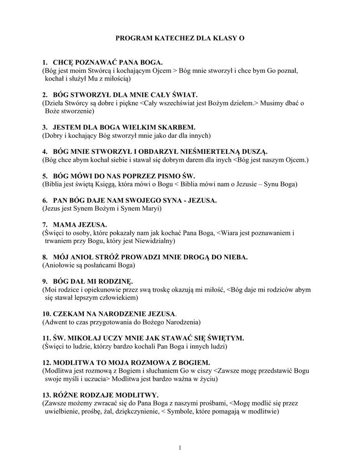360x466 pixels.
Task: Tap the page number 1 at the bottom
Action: [x=180, y=448]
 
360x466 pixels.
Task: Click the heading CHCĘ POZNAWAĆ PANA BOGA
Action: [x=107, y=62]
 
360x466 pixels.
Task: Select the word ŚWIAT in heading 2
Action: [x=185, y=95]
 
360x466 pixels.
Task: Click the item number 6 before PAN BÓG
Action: [x=45, y=200]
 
